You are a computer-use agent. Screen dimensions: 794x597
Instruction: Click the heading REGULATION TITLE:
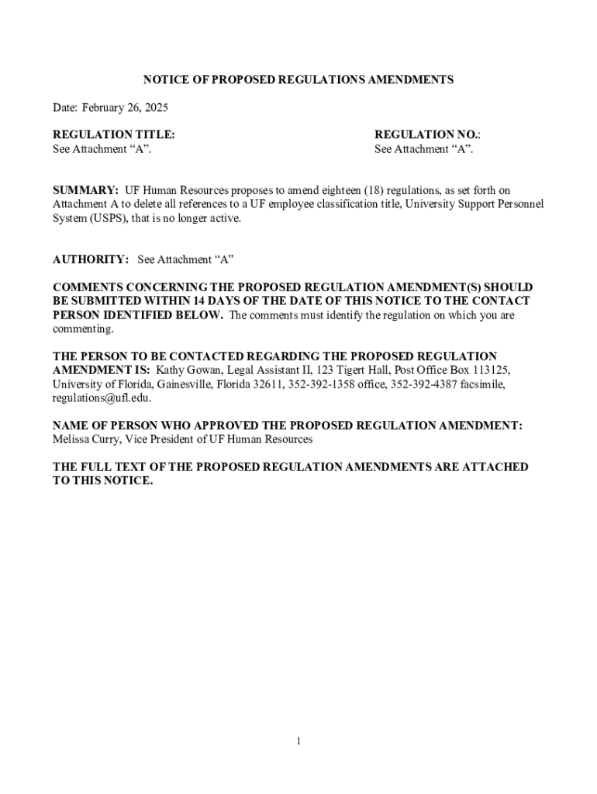coord(113,134)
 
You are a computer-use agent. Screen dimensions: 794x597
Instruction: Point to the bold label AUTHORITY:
coord(91,260)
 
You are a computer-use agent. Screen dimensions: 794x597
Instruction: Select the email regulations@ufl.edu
coord(102,399)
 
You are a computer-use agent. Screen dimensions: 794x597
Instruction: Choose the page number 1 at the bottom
coord(298,742)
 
